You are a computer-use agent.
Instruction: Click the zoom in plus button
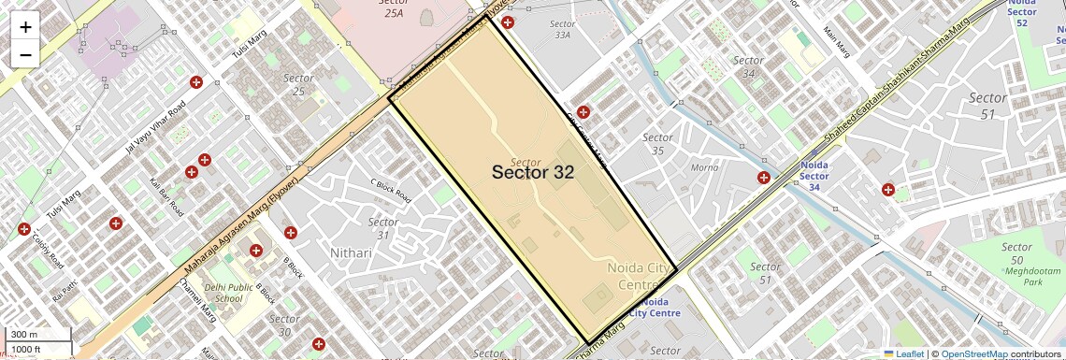tap(25, 26)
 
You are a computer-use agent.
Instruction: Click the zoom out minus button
tap(25, 54)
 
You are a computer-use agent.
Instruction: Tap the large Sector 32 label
tap(532, 172)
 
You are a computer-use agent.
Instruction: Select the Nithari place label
tap(353, 253)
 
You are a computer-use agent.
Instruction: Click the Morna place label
tap(704, 168)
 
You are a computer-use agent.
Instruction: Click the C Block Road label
tap(391, 190)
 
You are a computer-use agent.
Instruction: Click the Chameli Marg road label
tap(197, 300)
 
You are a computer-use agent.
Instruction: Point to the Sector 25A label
tap(394, 8)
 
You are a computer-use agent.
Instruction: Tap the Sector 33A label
tap(562, 29)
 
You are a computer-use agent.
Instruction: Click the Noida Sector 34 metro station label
tap(814, 176)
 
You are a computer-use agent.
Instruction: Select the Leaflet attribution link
tap(904, 353)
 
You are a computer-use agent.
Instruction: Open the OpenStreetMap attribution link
tap(973, 353)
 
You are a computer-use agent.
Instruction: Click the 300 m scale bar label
tap(24, 335)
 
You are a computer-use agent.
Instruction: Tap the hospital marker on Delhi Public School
tap(255, 250)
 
